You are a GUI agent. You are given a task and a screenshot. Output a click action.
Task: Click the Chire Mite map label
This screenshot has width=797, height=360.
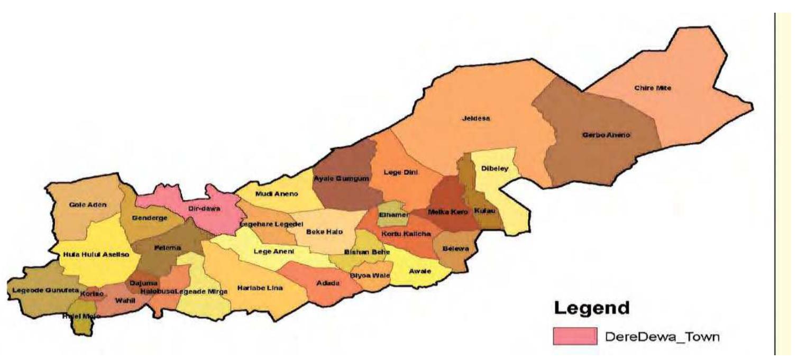(653, 88)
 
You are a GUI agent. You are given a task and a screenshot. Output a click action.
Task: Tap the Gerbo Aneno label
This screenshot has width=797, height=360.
(606, 135)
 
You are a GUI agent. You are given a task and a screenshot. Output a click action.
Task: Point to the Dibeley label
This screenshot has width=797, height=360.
(494, 169)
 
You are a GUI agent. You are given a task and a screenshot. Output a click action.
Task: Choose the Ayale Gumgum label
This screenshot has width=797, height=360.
(341, 179)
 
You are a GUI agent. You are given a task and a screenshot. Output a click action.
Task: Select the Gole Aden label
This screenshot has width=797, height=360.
(88, 205)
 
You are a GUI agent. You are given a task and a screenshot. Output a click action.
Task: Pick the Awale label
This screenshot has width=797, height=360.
(420, 271)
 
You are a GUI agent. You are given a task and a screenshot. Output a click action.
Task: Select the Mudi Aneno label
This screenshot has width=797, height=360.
(277, 194)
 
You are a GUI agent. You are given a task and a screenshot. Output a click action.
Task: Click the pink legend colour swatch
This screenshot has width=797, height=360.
(573, 336)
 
